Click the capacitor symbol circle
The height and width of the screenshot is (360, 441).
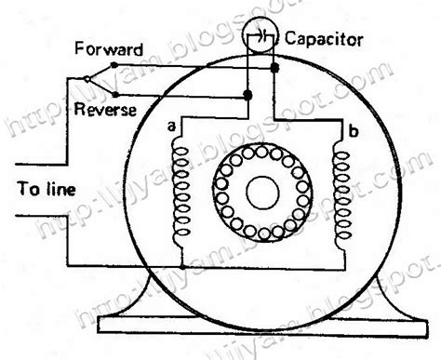pos(261,35)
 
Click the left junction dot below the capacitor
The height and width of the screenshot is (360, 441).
pos(246,95)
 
